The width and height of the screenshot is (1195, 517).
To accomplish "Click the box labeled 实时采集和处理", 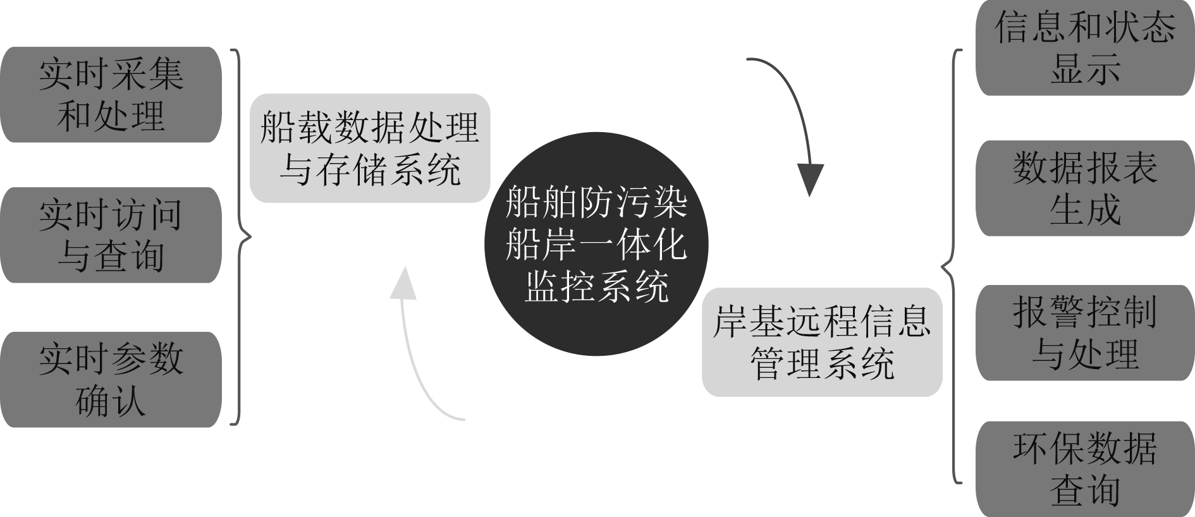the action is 111,94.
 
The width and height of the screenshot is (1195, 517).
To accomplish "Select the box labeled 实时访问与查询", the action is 111,234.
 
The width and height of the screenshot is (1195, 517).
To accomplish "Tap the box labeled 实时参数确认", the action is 111,379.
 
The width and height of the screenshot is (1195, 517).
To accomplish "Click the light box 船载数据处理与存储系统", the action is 370,148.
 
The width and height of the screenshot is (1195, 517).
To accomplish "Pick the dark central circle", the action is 596,244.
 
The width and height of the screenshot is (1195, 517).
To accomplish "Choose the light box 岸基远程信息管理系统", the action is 822,342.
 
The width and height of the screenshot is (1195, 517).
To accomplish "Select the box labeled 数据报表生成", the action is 1085,188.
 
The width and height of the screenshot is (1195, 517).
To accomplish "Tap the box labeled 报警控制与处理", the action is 1085,332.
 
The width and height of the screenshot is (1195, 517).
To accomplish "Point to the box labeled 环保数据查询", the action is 1085,469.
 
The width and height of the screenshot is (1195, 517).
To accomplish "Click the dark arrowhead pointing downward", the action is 810,180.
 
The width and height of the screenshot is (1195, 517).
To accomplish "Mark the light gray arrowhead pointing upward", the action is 403,283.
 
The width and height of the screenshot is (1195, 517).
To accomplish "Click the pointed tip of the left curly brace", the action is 250,237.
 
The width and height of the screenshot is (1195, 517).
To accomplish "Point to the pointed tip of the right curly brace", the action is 943,266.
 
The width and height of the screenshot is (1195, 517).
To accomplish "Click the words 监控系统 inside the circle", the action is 596,286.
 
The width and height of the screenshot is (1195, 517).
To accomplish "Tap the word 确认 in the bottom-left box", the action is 111,400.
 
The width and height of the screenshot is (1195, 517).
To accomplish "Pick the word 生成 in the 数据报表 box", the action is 1085,209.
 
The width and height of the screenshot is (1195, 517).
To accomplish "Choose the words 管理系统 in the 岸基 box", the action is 822,363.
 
